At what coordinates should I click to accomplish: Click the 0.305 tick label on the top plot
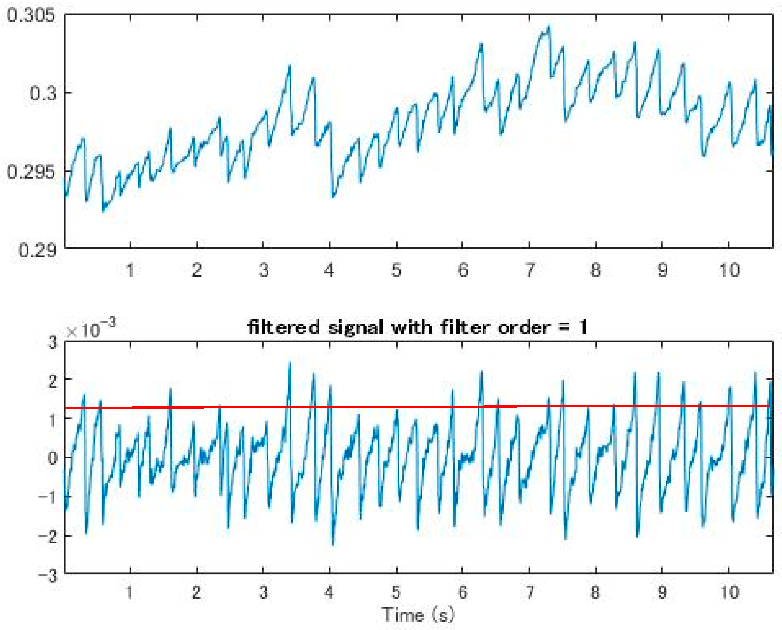click(x=31, y=15)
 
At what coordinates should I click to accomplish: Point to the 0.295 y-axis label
click(x=31, y=172)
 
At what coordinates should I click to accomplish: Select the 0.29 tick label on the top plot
click(x=37, y=250)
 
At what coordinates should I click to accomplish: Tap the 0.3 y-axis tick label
click(x=43, y=93)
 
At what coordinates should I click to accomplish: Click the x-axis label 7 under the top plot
click(x=529, y=270)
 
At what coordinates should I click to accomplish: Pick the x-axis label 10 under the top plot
click(x=729, y=270)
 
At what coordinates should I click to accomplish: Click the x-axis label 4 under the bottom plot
click(x=329, y=592)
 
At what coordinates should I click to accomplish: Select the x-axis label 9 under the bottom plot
click(x=662, y=592)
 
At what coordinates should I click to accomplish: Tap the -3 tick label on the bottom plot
click(x=48, y=576)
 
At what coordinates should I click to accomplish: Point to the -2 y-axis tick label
click(x=48, y=537)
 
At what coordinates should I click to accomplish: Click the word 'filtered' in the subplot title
click(x=284, y=328)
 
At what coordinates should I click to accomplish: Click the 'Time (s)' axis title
click(x=418, y=615)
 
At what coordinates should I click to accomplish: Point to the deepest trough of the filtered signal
click(x=333, y=545)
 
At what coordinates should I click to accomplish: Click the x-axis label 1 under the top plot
click(x=130, y=270)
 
